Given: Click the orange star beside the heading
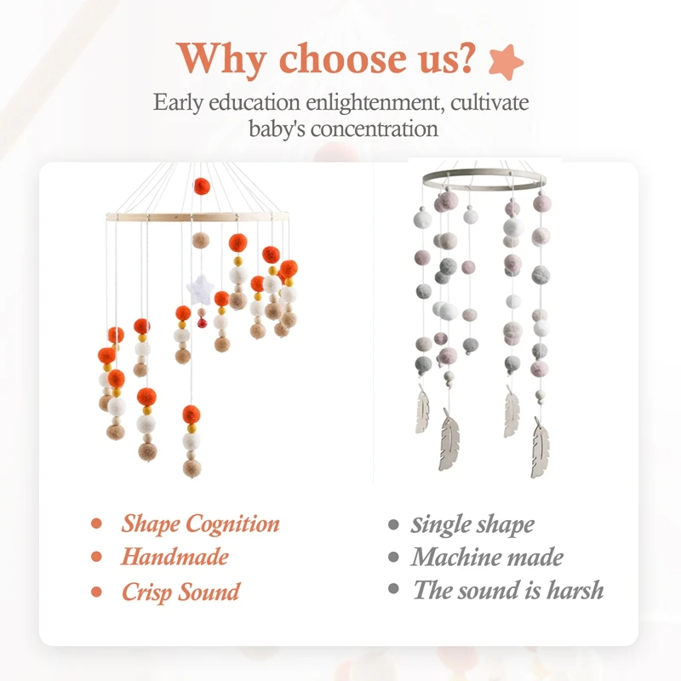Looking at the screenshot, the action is click(506, 61).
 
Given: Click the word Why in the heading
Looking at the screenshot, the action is click(221, 60).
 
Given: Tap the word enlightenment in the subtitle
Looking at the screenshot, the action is click(375, 102).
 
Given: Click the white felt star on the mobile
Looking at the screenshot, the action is click(200, 289).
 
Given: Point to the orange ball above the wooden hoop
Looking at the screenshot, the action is click(202, 186).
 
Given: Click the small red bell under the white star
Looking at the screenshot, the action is click(202, 323).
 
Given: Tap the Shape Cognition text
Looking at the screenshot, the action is click(200, 524).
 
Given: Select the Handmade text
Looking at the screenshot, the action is click(175, 557).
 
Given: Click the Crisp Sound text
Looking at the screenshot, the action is click(180, 592).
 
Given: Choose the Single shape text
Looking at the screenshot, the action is click(472, 524).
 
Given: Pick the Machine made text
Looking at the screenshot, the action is click(487, 557).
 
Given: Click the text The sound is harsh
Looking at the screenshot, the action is click(508, 590).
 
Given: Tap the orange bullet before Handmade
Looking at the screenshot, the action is click(96, 557).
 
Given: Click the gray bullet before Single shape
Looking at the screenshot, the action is click(393, 524).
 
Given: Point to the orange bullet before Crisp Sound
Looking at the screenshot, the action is click(96, 592).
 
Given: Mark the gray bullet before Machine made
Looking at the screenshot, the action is click(393, 557).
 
